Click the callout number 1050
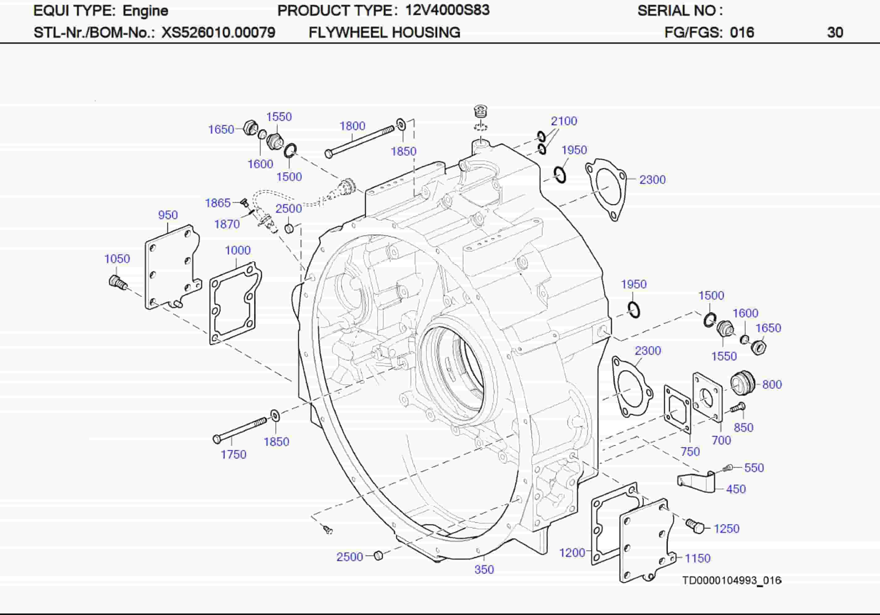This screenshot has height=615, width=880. tap(117, 259)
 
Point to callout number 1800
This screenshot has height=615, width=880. tap(352, 126)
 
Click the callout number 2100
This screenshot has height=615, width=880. tap(564, 121)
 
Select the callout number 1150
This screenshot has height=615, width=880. tap(698, 558)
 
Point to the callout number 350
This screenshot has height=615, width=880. tap(484, 569)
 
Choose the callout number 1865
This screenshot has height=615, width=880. tap(218, 203)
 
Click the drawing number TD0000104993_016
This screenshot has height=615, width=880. tap(731, 580)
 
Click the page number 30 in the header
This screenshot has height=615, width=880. tap(835, 32)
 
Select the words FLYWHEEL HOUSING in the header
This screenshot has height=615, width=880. tap(384, 32)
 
